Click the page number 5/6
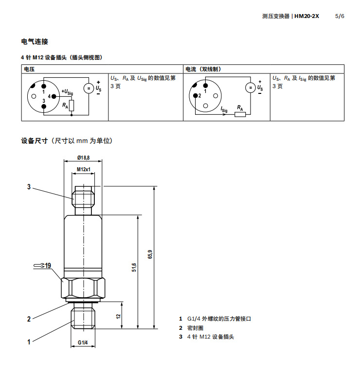340,16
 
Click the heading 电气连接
35,42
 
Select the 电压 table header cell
29,69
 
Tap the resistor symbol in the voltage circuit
72,105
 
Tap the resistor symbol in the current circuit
240,114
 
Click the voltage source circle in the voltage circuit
89,88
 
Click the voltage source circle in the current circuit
249,88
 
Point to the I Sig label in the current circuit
224,110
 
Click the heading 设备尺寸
35,141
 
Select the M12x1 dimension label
84,169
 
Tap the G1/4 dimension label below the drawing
83,343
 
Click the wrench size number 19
48,266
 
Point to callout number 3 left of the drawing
29,187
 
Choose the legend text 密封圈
196,328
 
